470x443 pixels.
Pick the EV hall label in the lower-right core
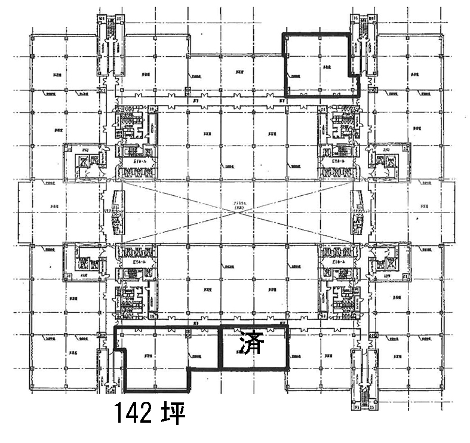pyautogui.click(x=339, y=262)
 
